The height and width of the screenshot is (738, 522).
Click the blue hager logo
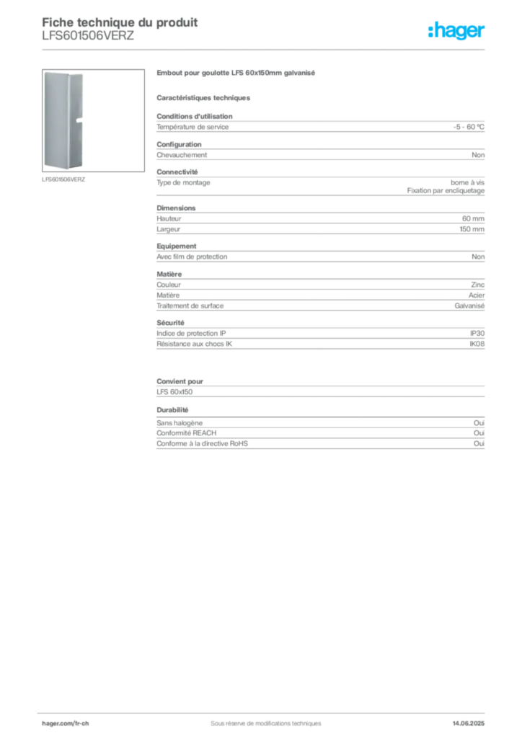coord(456,32)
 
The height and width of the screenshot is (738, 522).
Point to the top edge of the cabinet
coord(63,71)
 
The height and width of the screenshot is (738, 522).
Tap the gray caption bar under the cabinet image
coord(63,179)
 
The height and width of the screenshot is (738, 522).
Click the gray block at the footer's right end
coord(474,719)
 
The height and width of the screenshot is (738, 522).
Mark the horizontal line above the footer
coord(265,709)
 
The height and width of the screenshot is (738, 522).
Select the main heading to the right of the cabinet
coord(235,73)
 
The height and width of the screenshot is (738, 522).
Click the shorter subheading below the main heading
coord(204,96)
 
